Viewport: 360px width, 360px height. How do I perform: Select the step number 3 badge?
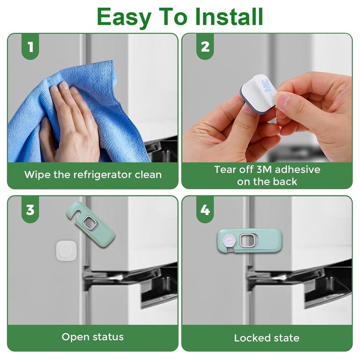[30, 210]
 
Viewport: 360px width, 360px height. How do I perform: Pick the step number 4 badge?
[205, 210]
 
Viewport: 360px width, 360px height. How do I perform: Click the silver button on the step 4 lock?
[247, 241]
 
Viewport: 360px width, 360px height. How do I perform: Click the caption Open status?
[92, 337]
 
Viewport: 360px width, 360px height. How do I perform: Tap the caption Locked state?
[266, 337]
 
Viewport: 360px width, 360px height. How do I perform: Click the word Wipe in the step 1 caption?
[36, 175]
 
